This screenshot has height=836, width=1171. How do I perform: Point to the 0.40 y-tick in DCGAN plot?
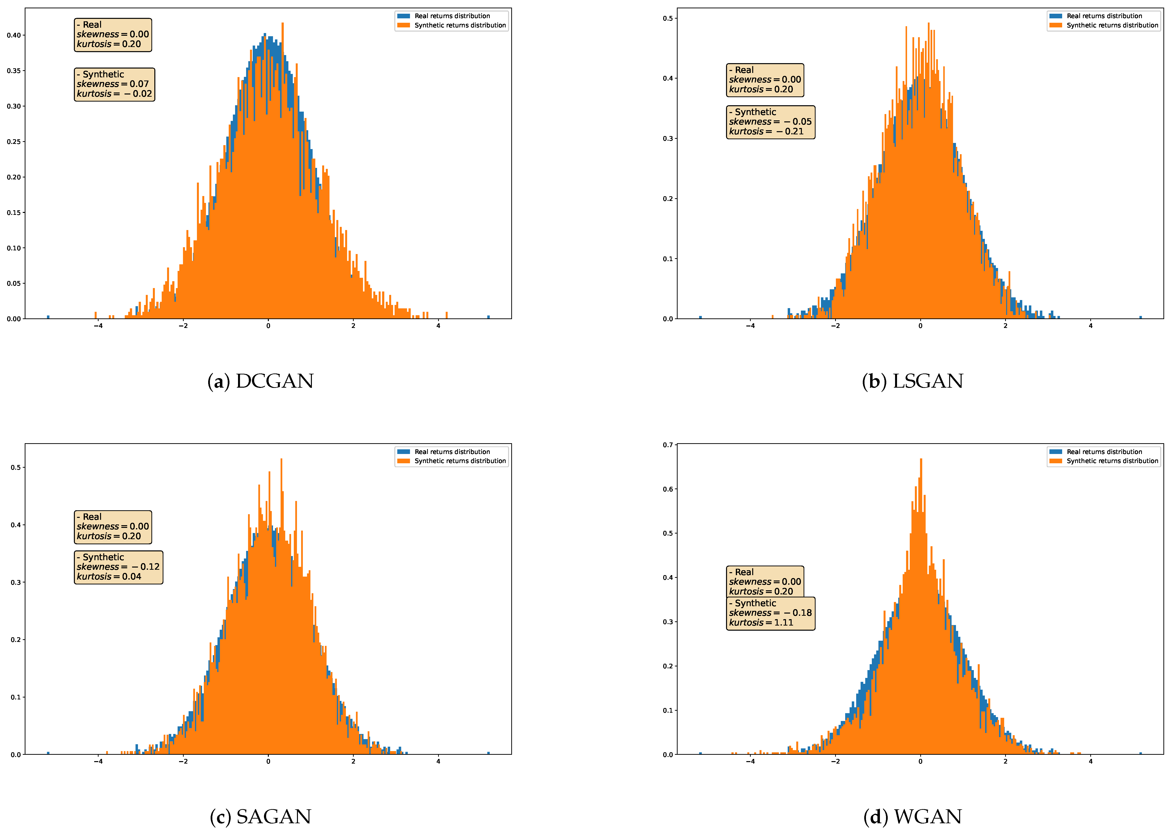[x=14, y=35]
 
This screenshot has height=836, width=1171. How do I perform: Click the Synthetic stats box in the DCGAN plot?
[x=114, y=84]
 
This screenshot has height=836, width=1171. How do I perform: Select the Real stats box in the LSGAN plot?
[x=764, y=80]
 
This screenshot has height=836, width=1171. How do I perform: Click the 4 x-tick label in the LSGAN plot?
[x=1090, y=326]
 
